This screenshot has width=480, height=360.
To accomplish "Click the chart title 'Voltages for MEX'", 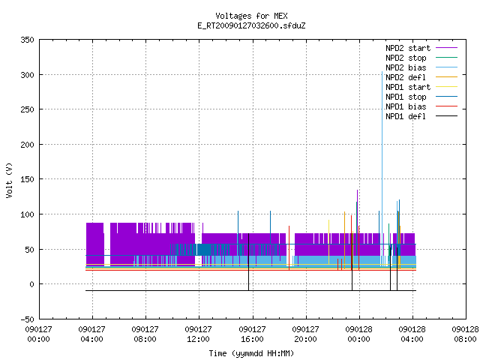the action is pos(251,16).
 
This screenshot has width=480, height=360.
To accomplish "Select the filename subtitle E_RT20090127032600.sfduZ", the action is pos(251,25).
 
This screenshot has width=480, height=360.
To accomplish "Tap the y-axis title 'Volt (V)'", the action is pos(9,180).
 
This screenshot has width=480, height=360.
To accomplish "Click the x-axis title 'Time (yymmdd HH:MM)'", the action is pos(251,353).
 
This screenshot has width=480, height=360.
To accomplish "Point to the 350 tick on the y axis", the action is pos(27,40).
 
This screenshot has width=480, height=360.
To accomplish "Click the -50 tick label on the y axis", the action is pos(27,319).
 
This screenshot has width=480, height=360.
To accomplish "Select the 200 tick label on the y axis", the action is pos(27,145).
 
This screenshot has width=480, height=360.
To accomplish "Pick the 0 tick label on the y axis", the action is pos(31,284).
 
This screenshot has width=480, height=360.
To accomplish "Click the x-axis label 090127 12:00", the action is pos(198,334).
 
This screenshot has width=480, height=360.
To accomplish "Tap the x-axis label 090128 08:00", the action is pos(465,334).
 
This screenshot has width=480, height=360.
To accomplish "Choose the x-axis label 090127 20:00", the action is pos(305,334).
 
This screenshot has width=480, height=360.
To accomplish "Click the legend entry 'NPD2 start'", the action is pos(408,48).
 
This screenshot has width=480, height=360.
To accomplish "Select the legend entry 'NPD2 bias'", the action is pos(406,67).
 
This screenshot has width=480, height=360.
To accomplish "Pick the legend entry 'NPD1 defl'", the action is pos(406,116).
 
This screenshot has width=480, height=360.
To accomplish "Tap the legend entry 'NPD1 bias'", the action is pos(406,106).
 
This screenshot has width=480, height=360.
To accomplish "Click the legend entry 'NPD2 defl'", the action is pos(406,77).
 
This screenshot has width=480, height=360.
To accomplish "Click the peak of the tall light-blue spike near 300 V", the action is pos(382,72).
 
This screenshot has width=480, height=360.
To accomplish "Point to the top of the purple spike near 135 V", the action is pos(357,190).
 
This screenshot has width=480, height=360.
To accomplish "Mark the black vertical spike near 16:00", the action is pos(248,262).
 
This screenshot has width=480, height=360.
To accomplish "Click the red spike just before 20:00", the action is pos(289,248).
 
